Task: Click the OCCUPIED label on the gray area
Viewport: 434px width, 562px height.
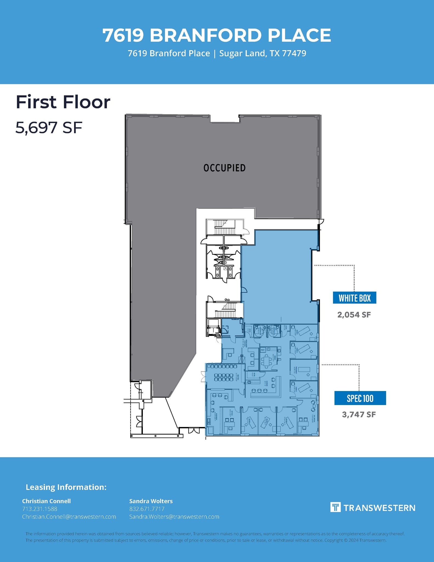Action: click(x=224, y=168)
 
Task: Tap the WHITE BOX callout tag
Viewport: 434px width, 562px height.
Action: click(x=354, y=298)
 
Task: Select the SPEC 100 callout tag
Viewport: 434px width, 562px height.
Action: click(x=360, y=398)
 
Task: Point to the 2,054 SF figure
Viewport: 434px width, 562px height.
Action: click(x=354, y=315)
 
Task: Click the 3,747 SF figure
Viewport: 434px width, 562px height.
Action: click(x=359, y=414)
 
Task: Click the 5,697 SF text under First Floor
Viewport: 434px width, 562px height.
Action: click(x=49, y=128)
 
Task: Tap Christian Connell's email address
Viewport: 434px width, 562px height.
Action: click(x=69, y=517)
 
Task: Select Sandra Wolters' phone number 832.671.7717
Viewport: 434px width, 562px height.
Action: click(x=147, y=509)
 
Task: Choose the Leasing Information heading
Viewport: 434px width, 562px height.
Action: click(x=66, y=487)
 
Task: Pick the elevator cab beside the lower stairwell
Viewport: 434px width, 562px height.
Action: click(x=213, y=327)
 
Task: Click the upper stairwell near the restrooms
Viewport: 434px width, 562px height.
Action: click(x=224, y=227)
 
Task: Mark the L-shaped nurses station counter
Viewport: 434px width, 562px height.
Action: click(x=277, y=387)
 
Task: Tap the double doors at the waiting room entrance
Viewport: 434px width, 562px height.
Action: click(x=203, y=376)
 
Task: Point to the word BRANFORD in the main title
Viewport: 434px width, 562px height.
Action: click(x=205, y=35)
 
